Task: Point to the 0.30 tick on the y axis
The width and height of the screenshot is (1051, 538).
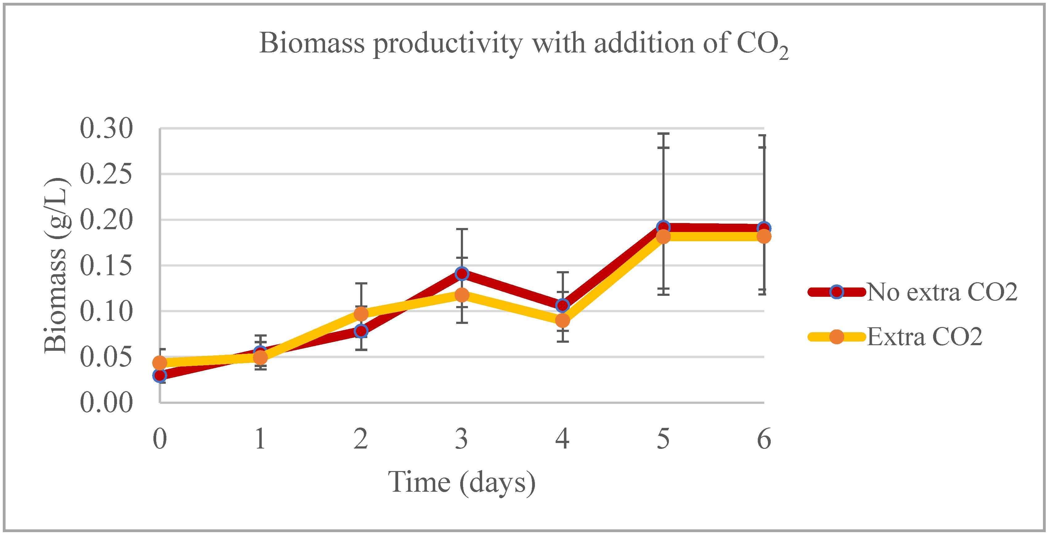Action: pyautogui.click(x=106, y=128)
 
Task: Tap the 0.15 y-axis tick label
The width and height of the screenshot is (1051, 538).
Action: pyautogui.click(x=106, y=266)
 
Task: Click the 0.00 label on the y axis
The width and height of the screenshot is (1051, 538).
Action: pyautogui.click(x=106, y=403)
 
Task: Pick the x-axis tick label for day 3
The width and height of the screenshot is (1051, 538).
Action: pyautogui.click(x=461, y=439)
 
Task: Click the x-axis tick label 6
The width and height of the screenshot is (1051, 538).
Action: pyautogui.click(x=764, y=439)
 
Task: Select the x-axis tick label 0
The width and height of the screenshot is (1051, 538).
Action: pyautogui.click(x=160, y=439)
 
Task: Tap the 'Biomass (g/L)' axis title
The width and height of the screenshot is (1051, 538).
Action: pyautogui.click(x=56, y=265)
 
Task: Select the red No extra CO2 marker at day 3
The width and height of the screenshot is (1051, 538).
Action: pyautogui.click(x=462, y=274)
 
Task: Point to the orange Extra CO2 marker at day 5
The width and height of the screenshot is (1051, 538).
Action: pyautogui.click(x=663, y=236)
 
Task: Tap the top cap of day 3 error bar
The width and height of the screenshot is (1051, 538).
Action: pyautogui.click(x=462, y=229)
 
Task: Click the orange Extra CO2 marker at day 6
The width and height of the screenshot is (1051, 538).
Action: pyautogui.click(x=764, y=236)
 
